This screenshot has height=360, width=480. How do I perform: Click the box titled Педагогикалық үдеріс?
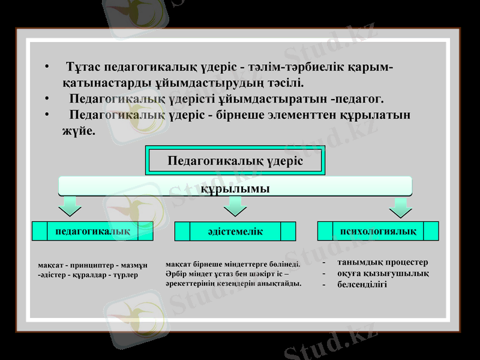235,161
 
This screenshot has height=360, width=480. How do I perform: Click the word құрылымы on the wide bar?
235,188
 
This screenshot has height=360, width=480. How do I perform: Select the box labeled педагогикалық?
92,230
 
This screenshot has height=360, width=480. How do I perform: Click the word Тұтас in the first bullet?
82,65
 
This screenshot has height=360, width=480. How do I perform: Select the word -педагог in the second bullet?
357,98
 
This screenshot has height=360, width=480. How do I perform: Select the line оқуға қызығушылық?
383,273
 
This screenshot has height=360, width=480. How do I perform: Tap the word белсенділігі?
362,284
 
